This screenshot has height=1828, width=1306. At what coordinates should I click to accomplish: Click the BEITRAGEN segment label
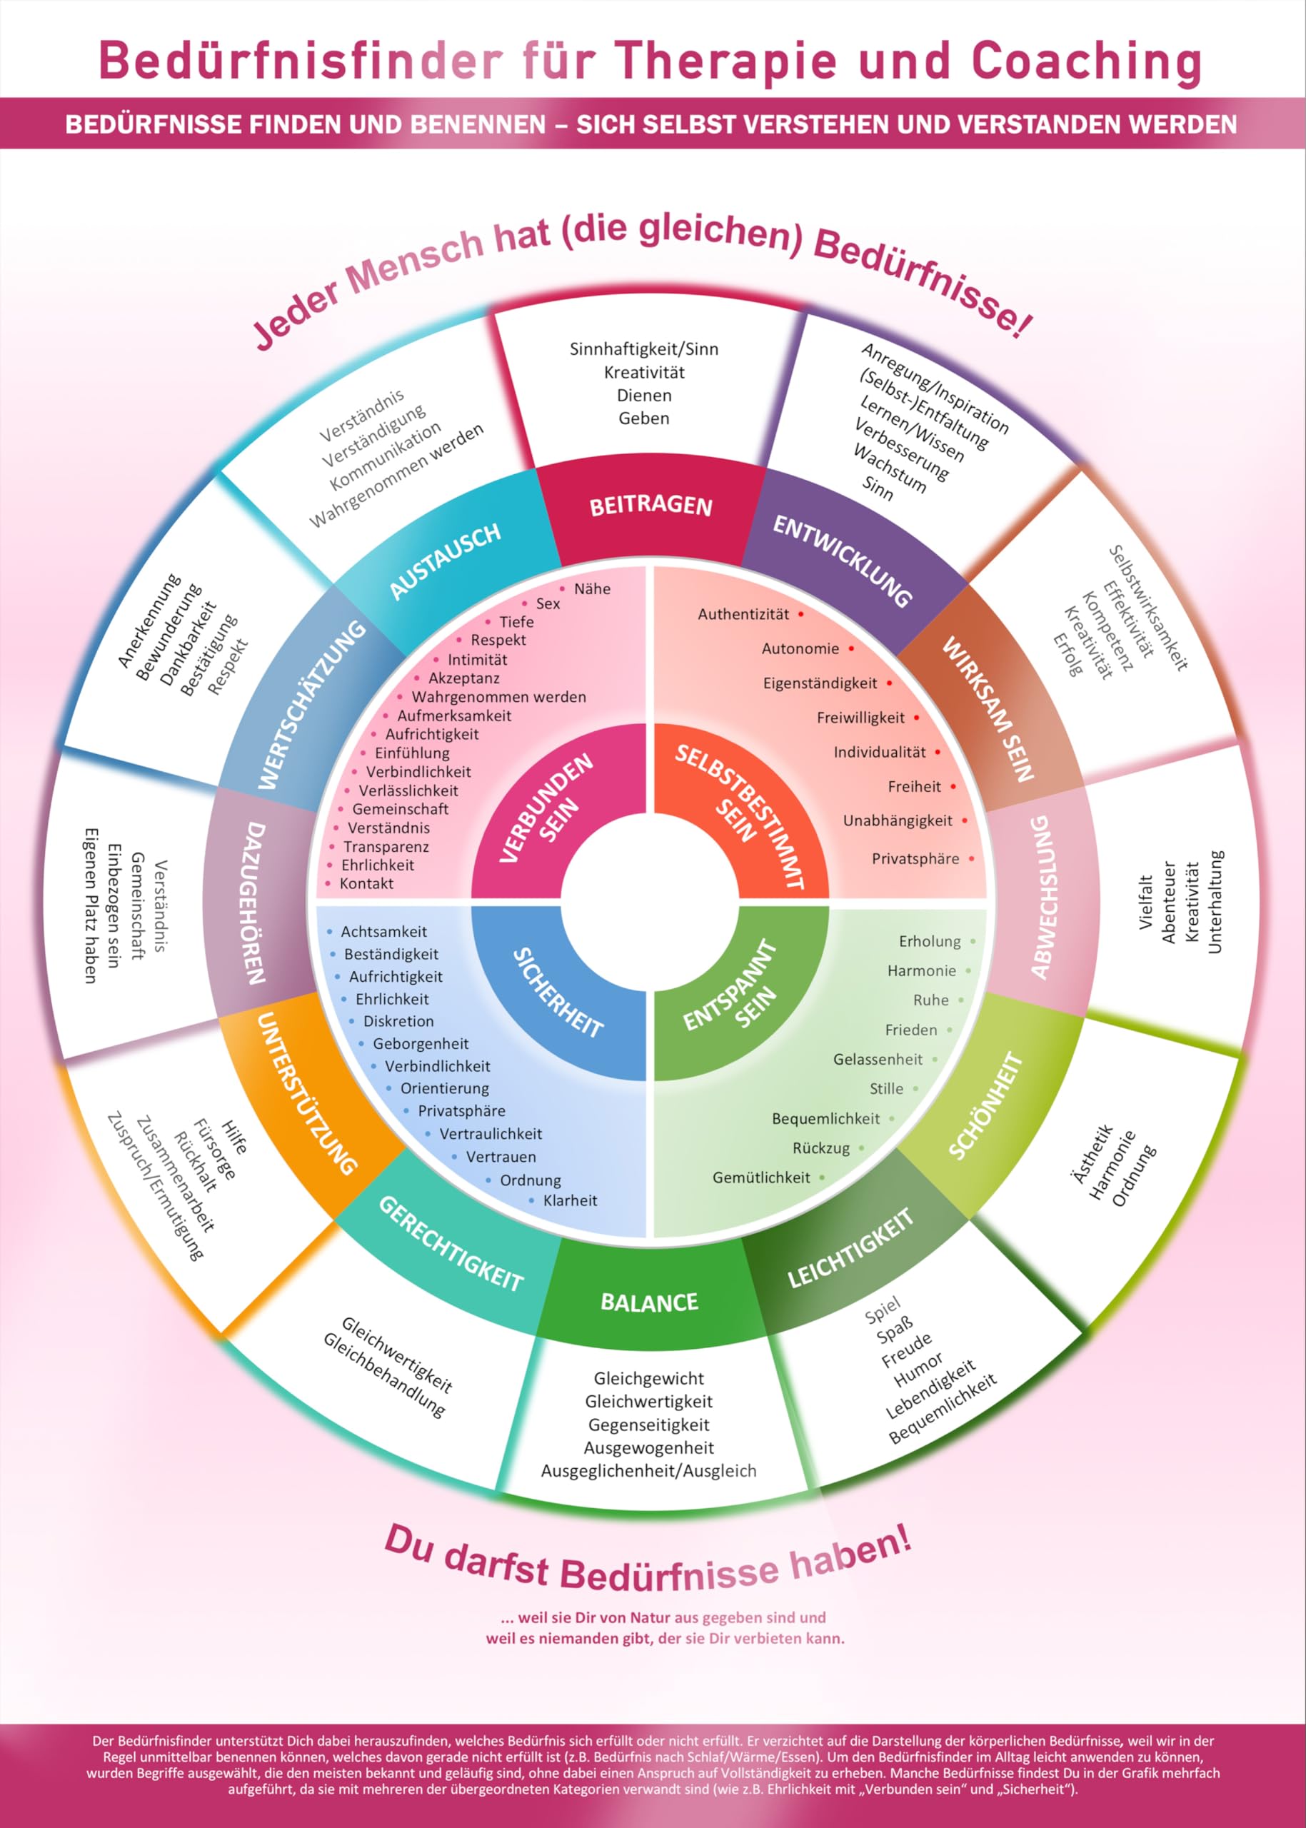point(651,506)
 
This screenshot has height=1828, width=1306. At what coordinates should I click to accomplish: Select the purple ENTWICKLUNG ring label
point(842,561)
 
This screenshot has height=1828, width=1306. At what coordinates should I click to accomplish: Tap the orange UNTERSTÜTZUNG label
point(306,1093)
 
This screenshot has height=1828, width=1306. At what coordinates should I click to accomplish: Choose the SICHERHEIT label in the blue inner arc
point(557,993)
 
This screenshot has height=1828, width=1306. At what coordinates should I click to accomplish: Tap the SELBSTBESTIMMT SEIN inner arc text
point(739,815)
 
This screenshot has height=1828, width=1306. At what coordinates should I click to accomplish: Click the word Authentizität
point(743,614)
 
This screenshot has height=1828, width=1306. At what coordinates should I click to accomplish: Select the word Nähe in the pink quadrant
point(592,588)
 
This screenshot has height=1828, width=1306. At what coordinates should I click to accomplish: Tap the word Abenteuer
point(1168,903)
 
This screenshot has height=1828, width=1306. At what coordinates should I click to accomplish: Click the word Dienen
point(644,396)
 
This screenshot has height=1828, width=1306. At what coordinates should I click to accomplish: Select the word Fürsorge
point(215,1149)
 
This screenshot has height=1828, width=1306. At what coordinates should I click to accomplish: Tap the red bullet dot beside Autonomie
point(851,648)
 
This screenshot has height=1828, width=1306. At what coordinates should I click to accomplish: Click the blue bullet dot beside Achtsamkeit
point(330,931)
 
